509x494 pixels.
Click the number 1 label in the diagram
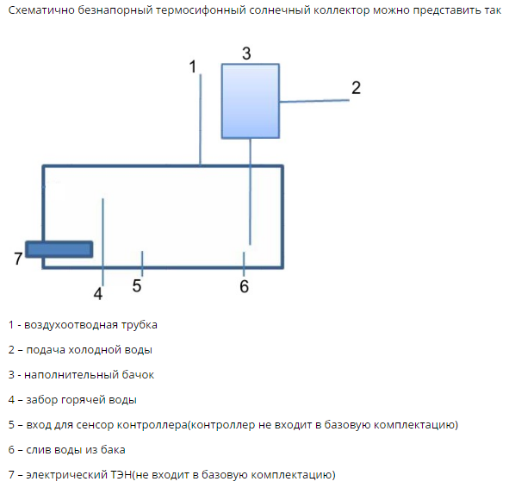[193, 66]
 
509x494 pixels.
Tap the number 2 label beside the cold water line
[356, 88]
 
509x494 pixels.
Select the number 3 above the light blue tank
[246, 53]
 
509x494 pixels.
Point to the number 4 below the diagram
[98, 294]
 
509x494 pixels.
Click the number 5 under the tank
[137, 286]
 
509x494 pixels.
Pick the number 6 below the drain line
[244, 286]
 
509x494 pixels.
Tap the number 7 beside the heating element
[18, 259]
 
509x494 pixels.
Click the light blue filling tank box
[251, 101]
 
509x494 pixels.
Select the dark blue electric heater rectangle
[59, 249]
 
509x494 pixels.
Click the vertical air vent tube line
[201, 120]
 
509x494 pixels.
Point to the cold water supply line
[314, 101]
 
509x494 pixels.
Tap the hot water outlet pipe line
[102, 242]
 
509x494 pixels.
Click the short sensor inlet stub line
[142, 264]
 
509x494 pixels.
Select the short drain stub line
[244, 264]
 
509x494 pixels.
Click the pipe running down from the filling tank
[250, 191]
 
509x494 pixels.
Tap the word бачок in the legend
[138, 375]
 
